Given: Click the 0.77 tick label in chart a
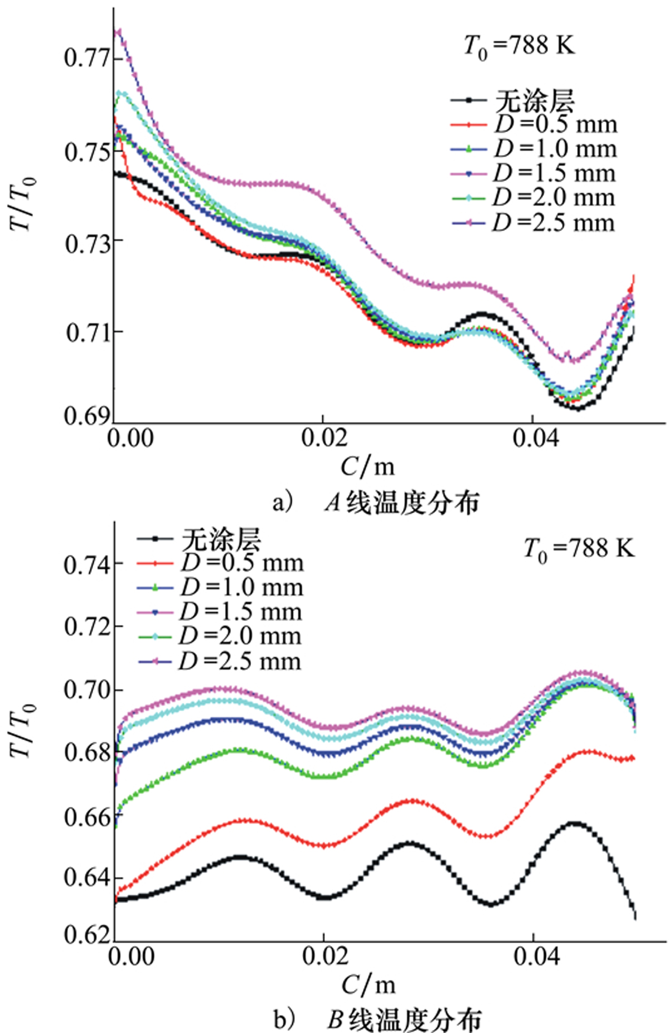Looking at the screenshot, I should (86, 58).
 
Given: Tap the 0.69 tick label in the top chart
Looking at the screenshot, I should (87, 416).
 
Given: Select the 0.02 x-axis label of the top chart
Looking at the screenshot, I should (324, 438).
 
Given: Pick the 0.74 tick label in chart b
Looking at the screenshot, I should (86, 565).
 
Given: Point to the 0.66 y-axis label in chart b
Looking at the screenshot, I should (86, 817).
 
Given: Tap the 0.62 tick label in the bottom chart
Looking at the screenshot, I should (86, 935).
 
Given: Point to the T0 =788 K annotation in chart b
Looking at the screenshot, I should (579, 549).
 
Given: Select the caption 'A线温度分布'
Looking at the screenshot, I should (401, 503).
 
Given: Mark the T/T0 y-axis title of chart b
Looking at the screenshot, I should (23, 731).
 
